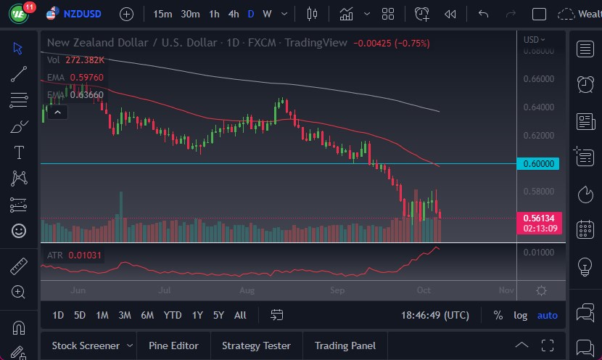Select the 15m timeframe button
point(162,14)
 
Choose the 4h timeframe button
point(233,14)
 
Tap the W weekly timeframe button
point(267,14)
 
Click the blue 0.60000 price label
point(539,164)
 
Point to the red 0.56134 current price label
point(539,218)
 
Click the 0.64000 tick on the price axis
point(539,107)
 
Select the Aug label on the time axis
point(247,290)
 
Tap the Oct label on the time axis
point(424,290)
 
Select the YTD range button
point(172,315)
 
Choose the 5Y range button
point(218,315)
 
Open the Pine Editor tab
point(174,345)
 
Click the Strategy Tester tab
point(256,345)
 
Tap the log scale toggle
point(520,315)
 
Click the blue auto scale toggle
point(547,315)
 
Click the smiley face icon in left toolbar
point(19,231)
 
